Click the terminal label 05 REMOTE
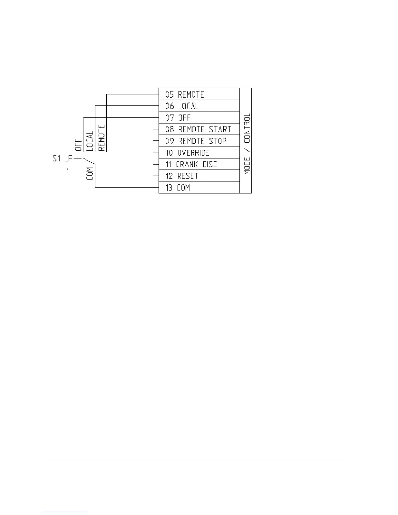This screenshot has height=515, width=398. pyautogui.click(x=184, y=94)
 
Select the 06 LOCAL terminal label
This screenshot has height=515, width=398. pyautogui.click(x=182, y=106)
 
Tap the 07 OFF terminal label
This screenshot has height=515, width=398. pyautogui.click(x=178, y=118)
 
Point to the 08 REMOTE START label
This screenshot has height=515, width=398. pyautogui.click(x=198, y=129)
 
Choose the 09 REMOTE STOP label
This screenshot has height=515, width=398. pyautogui.click(x=196, y=141)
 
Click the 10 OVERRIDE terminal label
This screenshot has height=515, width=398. pyautogui.click(x=187, y=152)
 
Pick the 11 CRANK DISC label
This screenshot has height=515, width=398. pyautogui.click(x=191, y=164)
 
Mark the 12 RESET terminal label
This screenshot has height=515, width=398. pyautogui.click(x=181, y=176)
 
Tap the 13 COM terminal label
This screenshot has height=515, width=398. pyautogui.click(x=178, y=188)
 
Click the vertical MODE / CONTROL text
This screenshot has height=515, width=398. pyautogui.click(x=247, y=144)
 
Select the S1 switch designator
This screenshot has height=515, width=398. pyautogui.click(x=57, y=158)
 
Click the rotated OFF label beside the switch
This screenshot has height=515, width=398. pyautogui.click(x=78, y=145)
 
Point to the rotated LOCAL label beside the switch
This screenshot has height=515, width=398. pyautogui.click(x=90, y=141)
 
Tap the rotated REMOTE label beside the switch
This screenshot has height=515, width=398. pyautogui.click(x=101, y=138)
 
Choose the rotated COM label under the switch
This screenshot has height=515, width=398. pyautogui.click(x=90, y=174)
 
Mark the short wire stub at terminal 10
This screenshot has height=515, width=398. pyautogui.click(x=156, y=152)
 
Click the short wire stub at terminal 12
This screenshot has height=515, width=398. pyautogui.click(x=156, y=176)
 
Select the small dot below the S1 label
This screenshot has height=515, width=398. pyautogui.click(x=67, y=169)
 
